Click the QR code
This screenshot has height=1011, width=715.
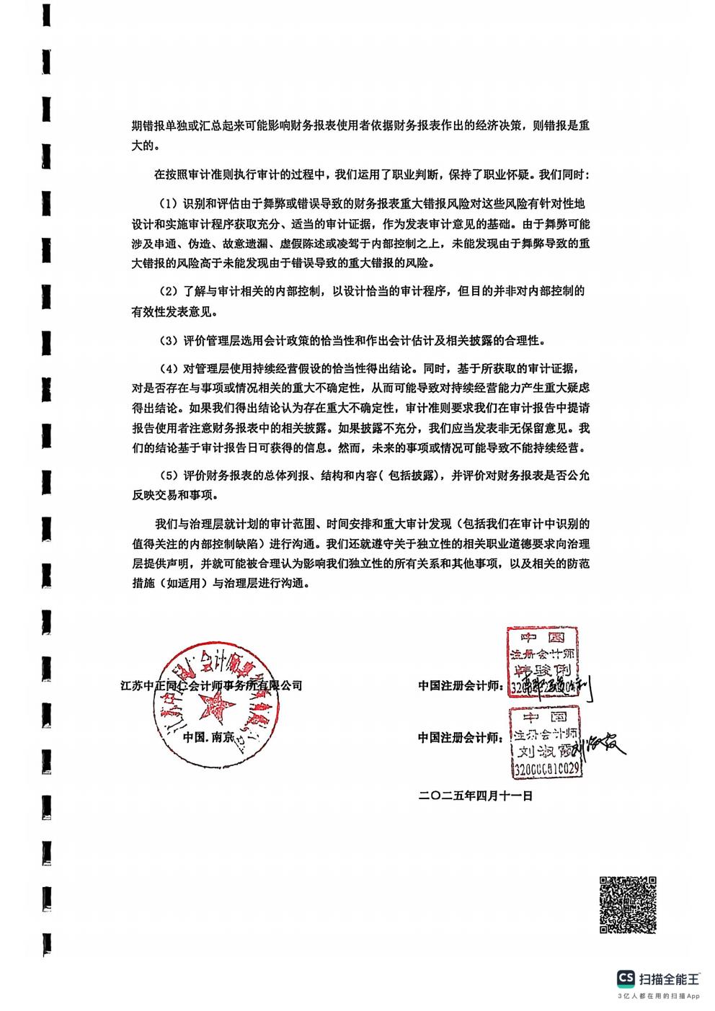click(628, 904)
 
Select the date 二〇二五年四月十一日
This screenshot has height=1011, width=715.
click(475, 796)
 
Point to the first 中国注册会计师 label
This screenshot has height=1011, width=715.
click(460, 686)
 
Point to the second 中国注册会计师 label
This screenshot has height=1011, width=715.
click(460, 737)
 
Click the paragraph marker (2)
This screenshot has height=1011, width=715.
click(168, 292)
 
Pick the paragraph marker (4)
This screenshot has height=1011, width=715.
click(168, 368)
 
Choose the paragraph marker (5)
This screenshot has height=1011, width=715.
click(168, 476)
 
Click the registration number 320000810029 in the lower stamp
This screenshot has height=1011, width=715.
click(546, 770)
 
